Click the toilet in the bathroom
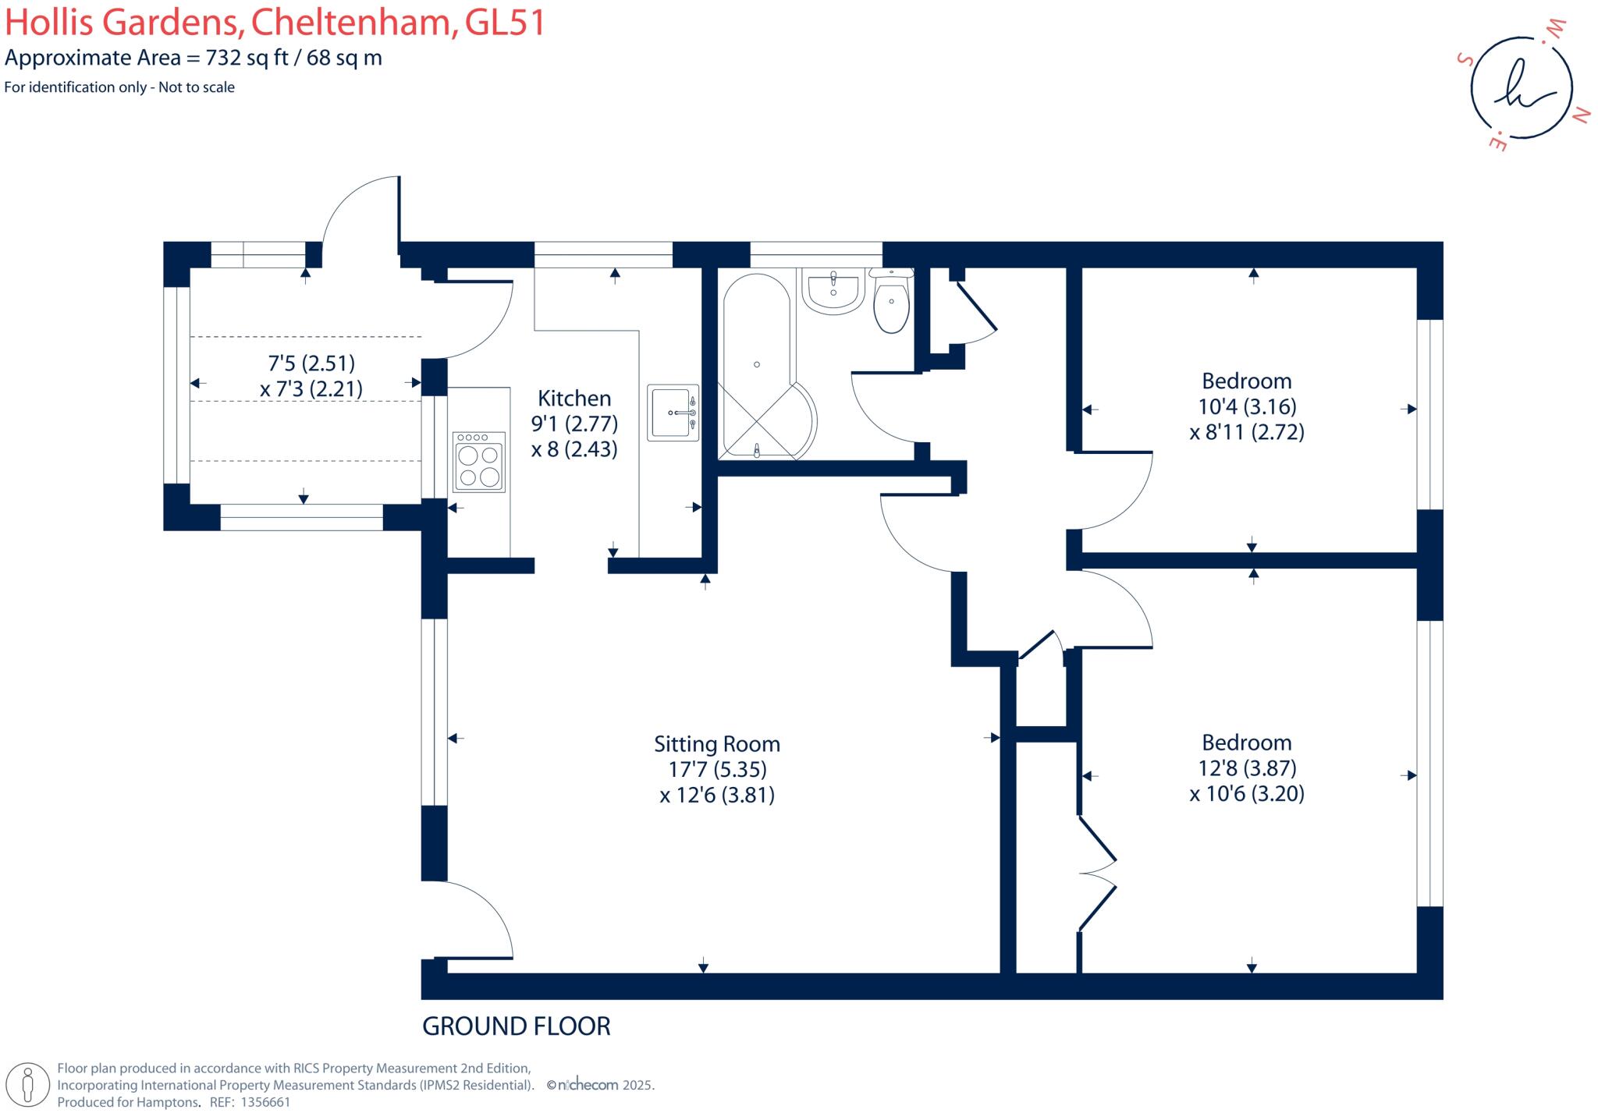(x=891, y=304)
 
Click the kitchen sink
(x=673, y=413)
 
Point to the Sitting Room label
(x=717, y=744)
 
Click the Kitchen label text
(x=574, y=399)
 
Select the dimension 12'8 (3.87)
(x=1247, y=768)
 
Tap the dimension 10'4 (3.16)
(x=1247, y=406)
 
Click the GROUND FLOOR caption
(x=517, y=1026)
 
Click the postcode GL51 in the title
(x=505, y=23)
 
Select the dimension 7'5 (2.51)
(x=311, y=363)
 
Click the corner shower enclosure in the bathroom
(x=769, y=421)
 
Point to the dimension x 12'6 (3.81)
(x=717, y=796)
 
